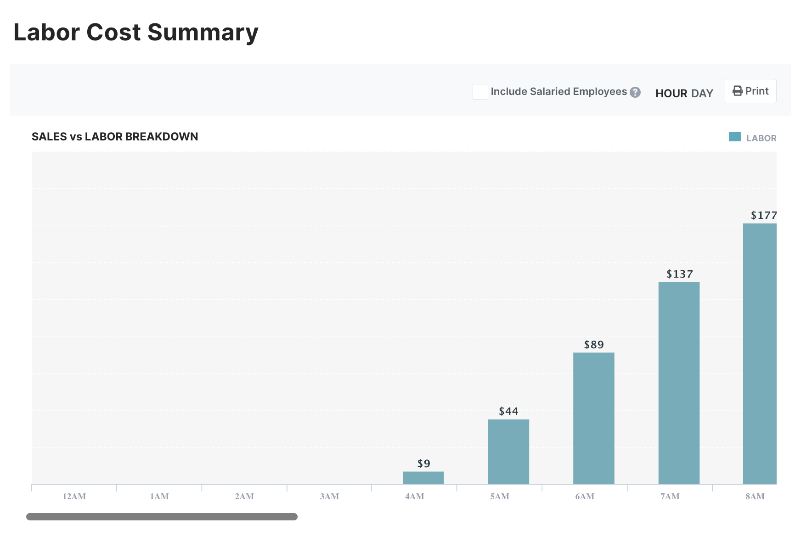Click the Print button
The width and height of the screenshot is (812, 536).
[750, 91]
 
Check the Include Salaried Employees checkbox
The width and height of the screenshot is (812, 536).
[480, 92]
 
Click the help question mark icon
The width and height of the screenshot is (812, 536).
[635, 92]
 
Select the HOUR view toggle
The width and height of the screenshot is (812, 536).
[671, 94]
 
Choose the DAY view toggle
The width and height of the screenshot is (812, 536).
[702, 94]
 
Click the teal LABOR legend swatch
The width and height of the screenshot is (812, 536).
[734, 137]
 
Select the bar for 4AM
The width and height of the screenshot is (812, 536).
[423, 478]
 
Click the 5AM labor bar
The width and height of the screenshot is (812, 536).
[508, 452]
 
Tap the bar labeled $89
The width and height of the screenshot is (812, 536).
[593, 418]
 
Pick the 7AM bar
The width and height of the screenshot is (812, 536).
[679, 383]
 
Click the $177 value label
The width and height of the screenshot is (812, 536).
[763, 215]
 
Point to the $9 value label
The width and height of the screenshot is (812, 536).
[423, 463]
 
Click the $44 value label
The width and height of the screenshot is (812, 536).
[508, 411]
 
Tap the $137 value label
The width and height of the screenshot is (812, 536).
[679, 274]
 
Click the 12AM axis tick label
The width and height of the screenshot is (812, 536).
[74, 497]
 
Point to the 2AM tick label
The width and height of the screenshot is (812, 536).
[244, 497]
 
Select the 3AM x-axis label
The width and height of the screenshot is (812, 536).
[329, 497]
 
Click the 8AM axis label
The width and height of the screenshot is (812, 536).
[755, 497]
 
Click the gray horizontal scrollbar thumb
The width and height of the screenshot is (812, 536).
[162, 517]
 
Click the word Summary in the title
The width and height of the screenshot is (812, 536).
[203, 33]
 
